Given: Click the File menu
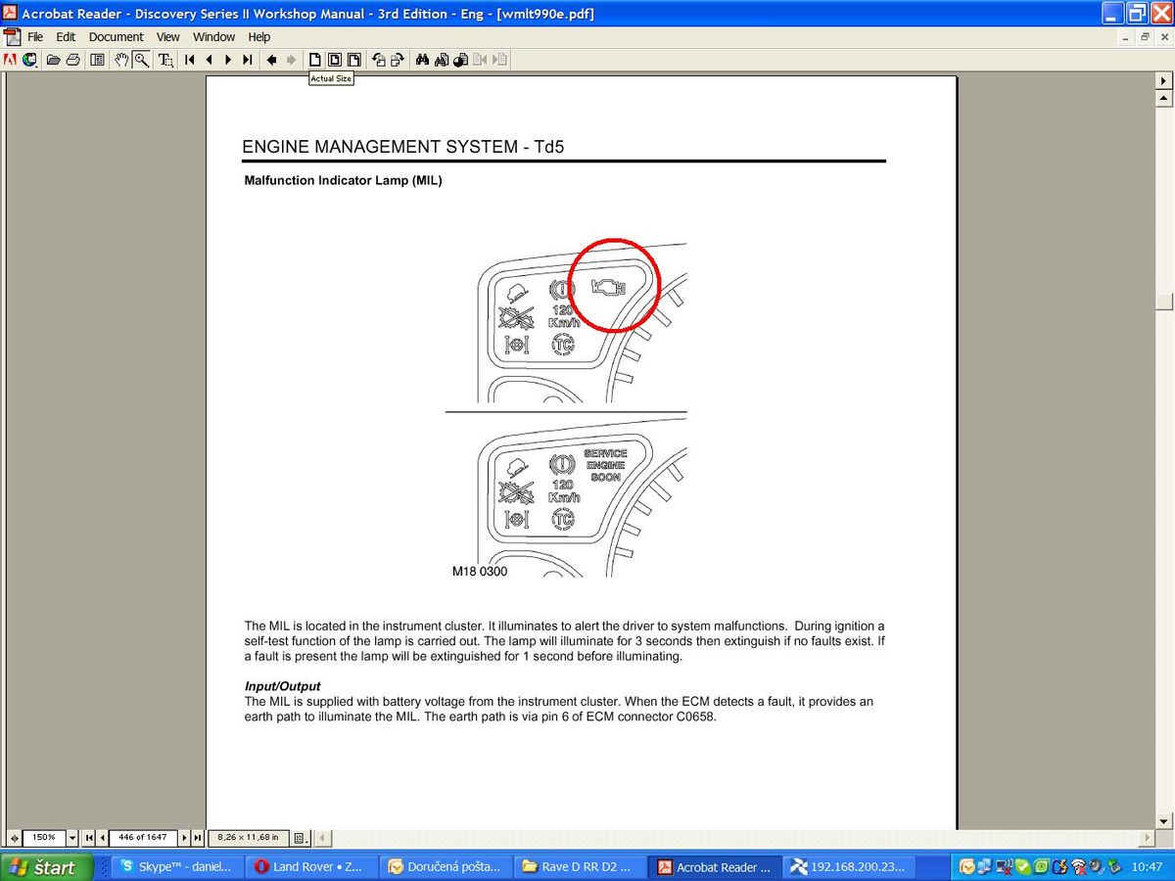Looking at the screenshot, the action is [x=35, y=37].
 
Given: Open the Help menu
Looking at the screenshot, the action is [x=259, y=37].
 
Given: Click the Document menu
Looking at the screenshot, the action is [x=116, y=37].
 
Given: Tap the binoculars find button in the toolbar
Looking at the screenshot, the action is [x=422, y=60].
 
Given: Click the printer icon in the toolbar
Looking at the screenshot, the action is [x=72, y=60].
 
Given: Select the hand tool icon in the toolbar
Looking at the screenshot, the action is [x=121, y=60].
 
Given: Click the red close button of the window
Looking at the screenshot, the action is [x=1161, y=13].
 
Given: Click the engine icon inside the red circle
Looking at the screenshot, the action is [x=608, y=288].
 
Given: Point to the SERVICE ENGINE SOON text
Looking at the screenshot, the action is [x=605, y=465].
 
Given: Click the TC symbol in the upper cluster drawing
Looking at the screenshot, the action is [x=563, y=344].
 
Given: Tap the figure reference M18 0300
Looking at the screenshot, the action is [x=480, y=572].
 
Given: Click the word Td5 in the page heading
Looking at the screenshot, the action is [x=548, y=147].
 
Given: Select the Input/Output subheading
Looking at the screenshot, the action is [x=282, y=686].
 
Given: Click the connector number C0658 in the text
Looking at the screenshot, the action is [x=695, y=717].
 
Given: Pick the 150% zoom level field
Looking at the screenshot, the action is [x=44, y=837].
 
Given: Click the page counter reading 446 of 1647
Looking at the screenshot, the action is [x=142, y=837].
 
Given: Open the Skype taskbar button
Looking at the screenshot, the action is [x=176, y=866].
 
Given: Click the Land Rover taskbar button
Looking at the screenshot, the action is [x=308, y=866].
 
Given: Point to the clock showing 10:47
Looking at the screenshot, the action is [x=1146, y=867].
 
